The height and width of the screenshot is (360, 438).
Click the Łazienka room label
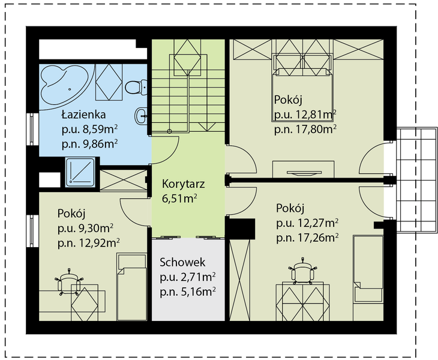point(83,115)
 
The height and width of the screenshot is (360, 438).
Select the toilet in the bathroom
point(136,87)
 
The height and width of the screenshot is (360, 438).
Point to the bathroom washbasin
point(142,116)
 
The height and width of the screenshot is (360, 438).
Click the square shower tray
point(80,172)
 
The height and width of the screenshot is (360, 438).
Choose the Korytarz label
point(184,184)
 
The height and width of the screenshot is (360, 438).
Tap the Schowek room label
point(182,262)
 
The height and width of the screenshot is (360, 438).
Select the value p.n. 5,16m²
point(188,292)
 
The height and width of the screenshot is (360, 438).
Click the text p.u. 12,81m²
point(305,115)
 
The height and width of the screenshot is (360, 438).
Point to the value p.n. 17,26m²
point(308,238)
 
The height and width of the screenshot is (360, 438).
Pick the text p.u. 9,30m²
point(85,229)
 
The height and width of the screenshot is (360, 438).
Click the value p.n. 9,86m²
point(89,144)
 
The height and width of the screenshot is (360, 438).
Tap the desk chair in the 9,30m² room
point(69,282)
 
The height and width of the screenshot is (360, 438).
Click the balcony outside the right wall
point(416,179)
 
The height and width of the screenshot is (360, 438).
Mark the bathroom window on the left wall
point(32,129)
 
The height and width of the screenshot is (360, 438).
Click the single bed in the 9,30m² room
point(131,287)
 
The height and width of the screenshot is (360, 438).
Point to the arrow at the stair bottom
point(207,127)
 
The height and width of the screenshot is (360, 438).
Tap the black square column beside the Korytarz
point(240,229)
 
